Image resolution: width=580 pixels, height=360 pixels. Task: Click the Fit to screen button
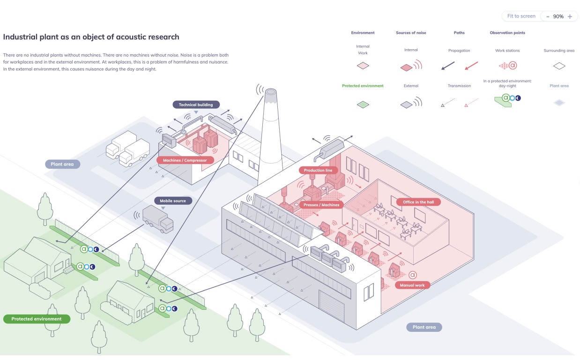point(521,16)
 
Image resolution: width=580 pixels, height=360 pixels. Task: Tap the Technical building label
point(196,105)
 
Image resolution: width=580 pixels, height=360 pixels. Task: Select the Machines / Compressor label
point(185,160)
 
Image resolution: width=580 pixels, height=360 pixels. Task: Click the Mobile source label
point(173,201)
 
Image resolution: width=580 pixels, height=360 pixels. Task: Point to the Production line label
point(318,170)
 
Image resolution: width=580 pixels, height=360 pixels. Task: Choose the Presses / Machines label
point(321,205)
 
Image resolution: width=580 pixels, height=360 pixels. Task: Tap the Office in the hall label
point(418,202)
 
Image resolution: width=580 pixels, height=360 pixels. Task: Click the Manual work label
point(412,285)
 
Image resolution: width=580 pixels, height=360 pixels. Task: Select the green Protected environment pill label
point(37,319)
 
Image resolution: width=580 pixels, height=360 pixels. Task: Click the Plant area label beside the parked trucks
point(62,164)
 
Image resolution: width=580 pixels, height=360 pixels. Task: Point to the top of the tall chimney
point(271,92)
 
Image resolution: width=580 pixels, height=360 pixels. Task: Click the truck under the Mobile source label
point(158,219)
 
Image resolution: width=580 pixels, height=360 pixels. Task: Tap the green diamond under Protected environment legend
point(363,105)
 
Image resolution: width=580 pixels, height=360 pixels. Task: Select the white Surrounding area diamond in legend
point(559,66)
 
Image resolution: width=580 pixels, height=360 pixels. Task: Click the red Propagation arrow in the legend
point(471,66)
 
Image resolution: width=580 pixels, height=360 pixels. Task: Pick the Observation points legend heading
point(507,33)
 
